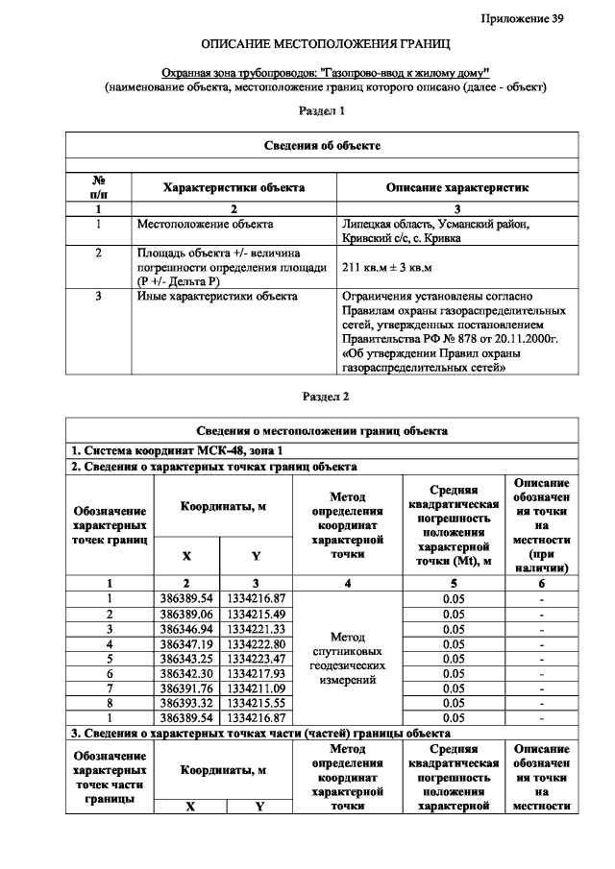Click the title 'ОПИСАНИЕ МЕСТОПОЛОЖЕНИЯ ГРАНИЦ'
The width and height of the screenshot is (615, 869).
[325, 45]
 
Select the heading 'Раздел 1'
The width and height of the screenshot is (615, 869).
[324, 111]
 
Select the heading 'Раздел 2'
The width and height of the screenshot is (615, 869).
[324, 396]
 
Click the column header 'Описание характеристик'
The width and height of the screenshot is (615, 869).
[456, 188]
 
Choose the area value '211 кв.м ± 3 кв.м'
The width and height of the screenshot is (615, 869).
[389, 267]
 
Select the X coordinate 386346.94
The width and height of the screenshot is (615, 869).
[185, 628]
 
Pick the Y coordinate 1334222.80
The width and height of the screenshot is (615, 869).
[256, 642]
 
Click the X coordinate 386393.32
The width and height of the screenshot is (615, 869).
[185, 702]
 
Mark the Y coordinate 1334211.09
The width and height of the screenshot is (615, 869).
[256, 687]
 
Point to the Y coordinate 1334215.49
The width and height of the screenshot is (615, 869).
[256, 613]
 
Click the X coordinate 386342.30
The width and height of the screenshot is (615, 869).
[185, 672]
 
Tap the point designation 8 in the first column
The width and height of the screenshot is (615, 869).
[110, 702]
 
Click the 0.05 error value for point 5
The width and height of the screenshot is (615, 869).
[454, 658]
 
